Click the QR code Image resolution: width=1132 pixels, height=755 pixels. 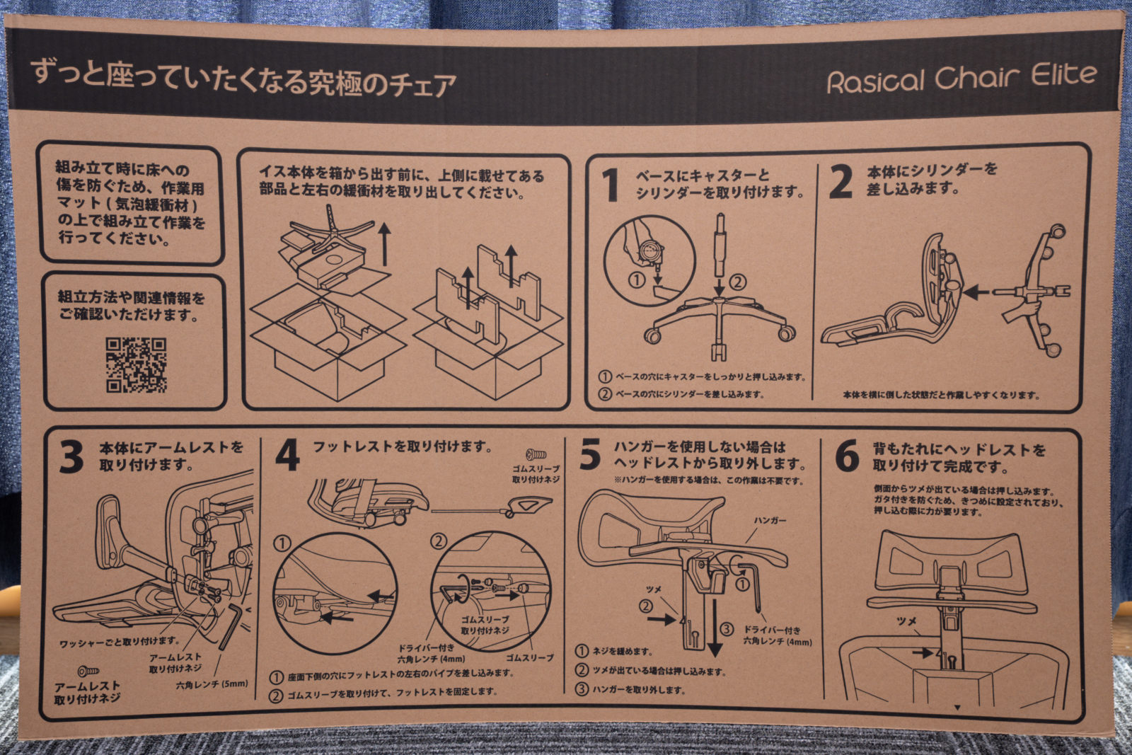[137, 364]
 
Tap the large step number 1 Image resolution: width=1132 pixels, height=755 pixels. [611, 185]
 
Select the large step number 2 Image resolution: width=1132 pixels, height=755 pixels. [841, 183]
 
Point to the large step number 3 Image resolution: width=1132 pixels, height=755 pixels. [71, 456]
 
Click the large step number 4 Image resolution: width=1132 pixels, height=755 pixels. [287, 456]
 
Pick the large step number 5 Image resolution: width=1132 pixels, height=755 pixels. [590, 454]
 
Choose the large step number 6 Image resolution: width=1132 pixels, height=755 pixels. [847, 456]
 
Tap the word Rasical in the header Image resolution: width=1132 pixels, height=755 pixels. [876, 81]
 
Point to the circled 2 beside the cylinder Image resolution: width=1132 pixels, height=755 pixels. [738, 282]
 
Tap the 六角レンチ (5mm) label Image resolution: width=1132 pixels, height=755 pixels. [212, 684]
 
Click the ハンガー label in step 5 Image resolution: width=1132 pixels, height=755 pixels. [770, 520]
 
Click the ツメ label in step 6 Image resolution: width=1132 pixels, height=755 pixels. [907, 621]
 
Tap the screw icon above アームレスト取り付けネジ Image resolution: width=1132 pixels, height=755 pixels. [88, 670]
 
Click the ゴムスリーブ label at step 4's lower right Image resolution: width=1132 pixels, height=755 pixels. [529, 657]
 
